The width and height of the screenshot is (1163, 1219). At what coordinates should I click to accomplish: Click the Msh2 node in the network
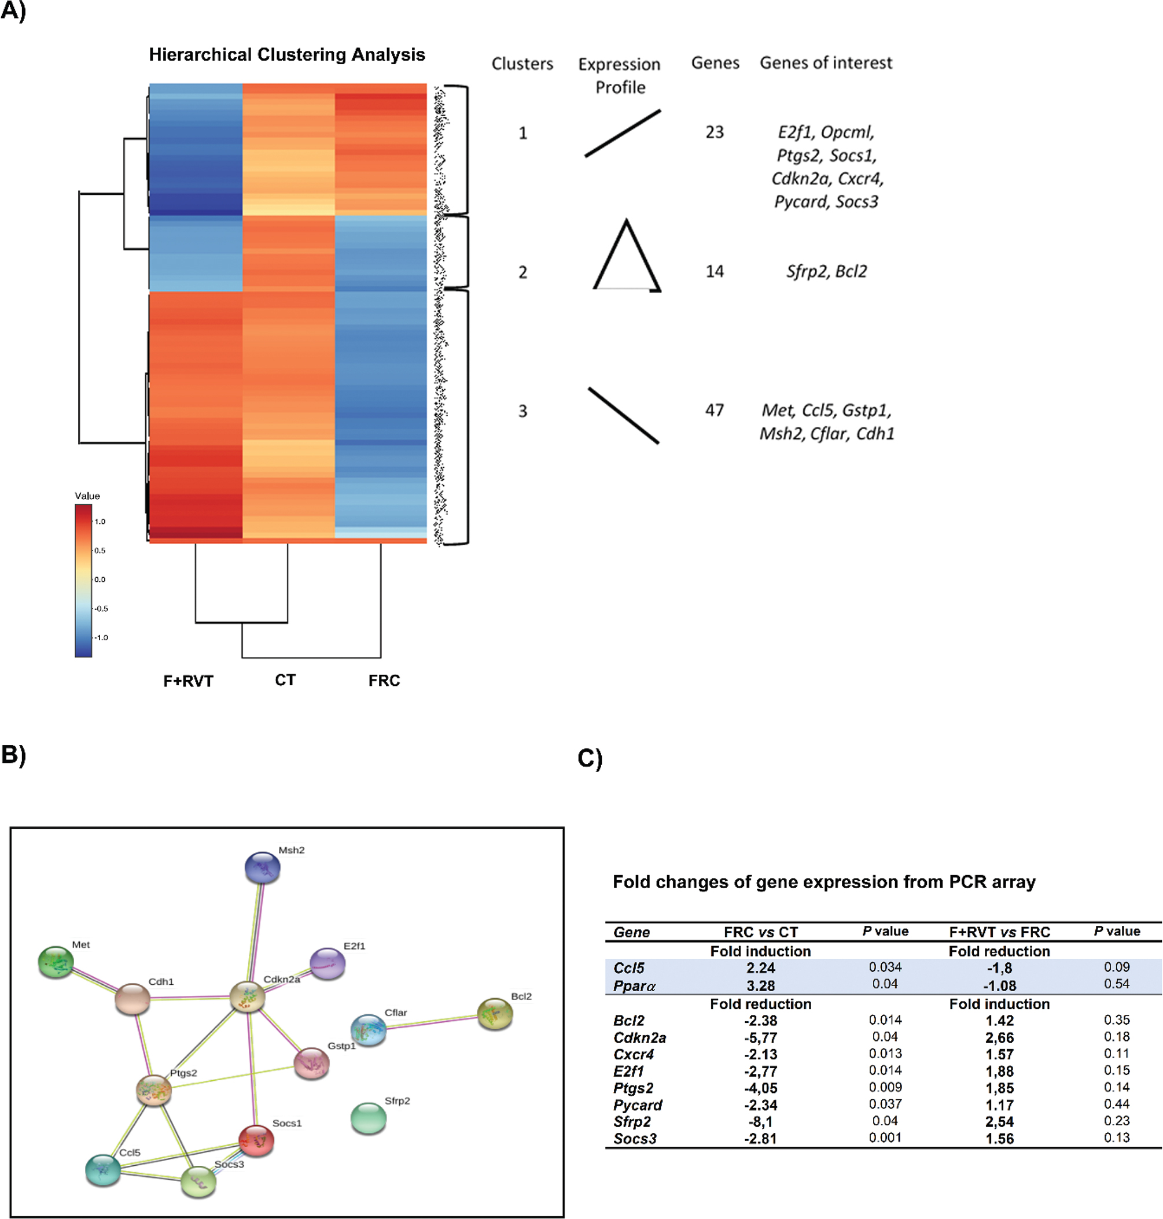[x=262, y=867]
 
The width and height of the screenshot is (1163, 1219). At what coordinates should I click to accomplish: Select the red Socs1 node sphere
[x=256, y=1140]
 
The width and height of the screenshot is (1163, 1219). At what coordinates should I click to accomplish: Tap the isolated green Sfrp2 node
[x=368, y=1117]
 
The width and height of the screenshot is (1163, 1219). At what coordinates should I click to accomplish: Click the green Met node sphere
[x=56, y=962]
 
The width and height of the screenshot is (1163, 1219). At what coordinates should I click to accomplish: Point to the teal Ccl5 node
[x=103, y=1170]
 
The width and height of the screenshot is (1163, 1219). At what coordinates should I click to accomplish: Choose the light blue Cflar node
[x=368, y=1030]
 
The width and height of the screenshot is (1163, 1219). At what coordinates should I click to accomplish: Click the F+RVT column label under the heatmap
[x=188, y=681]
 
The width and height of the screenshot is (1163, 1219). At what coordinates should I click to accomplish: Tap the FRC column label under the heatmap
[x=384, y=681]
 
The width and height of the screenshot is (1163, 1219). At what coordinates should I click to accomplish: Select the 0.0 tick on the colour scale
[x=99, y=579]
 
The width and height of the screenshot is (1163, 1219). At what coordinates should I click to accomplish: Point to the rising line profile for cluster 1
[x=623, y=133]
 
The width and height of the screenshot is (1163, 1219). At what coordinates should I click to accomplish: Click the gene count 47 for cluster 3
[x=714, y=410]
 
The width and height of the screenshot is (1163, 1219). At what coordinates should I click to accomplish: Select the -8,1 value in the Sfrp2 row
[x=760, y=1122]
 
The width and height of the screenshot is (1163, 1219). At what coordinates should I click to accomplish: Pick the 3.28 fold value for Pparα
[x=760, y=985]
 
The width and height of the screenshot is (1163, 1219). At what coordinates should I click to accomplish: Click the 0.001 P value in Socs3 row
[x=885, y=1138]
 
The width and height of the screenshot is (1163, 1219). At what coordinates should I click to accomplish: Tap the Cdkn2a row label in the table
[x=639, y=1037]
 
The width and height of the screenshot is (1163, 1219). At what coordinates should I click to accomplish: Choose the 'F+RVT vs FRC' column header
[x=999, y=932]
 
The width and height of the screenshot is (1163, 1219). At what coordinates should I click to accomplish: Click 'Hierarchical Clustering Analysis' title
[x=286, y=54]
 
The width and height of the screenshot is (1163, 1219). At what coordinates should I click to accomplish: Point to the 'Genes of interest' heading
[x=826, y=62]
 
